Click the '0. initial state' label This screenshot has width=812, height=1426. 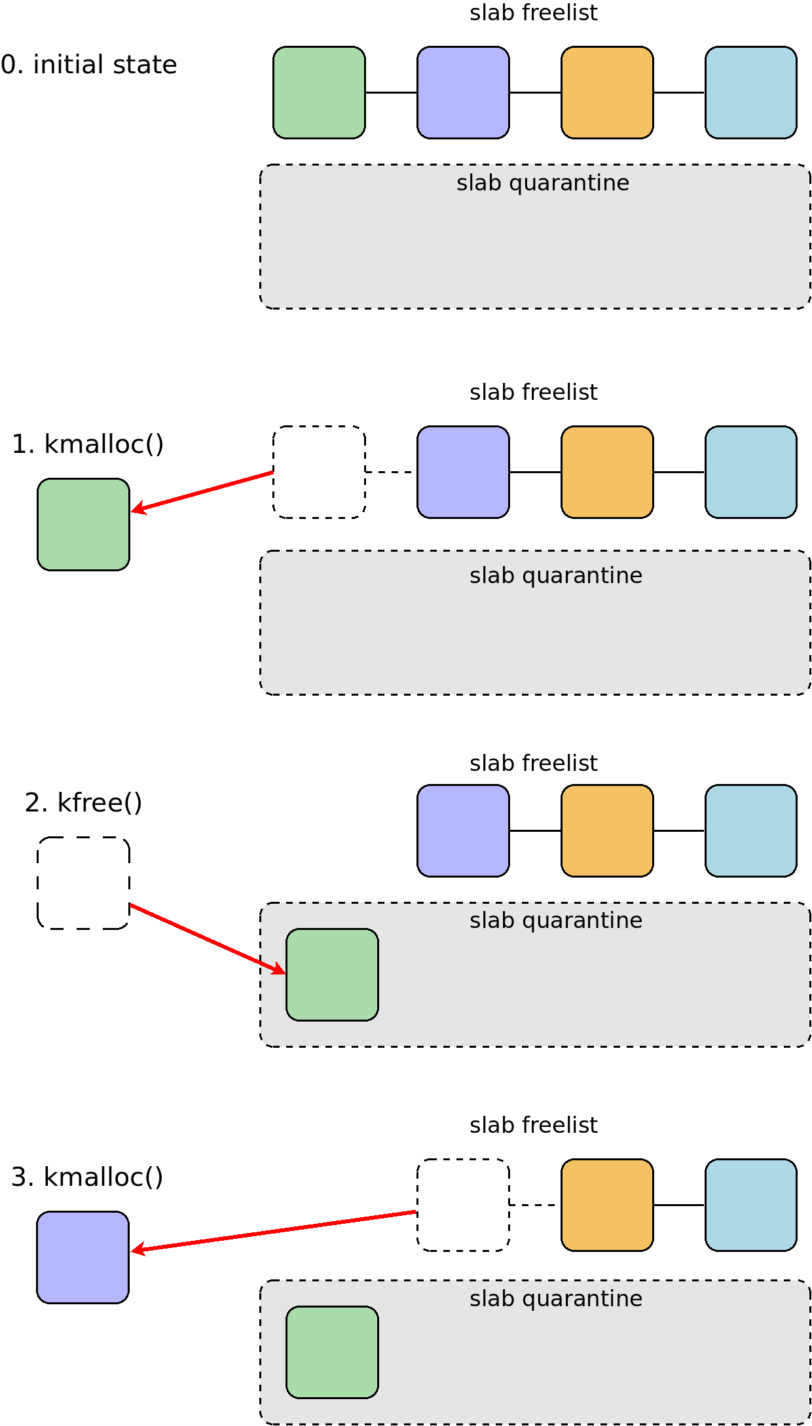(x=89, y=65)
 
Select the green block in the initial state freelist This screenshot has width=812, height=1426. (x=319, y=92)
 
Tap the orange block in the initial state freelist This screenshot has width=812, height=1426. (x=607, y=92)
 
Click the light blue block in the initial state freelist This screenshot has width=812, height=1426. (x=751, y=92)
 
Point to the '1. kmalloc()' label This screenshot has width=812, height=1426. (x=88, y=444)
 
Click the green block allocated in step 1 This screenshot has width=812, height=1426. (x=83, y=524)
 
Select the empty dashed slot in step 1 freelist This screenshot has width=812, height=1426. (x=319, y=472)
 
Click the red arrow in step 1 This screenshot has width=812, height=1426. (x=202, y=491)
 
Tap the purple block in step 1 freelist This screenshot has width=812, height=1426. (x=463, y=472)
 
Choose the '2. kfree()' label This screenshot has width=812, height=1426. (x=83, y=803)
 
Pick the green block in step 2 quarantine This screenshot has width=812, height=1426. (x=332, y=974)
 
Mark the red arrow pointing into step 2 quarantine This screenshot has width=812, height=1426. (x=208, y=939)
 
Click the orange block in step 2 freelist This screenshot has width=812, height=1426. (x=607, y=830)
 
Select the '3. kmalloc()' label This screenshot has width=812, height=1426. (x=87, y=1177)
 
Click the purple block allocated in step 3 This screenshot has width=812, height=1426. (x=83, y=1257)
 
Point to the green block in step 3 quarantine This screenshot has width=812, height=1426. (x=332, y=1352)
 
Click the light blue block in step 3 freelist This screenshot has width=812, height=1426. (x=751, y=1205)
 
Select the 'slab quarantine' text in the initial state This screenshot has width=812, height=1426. (x=543, y=183)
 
